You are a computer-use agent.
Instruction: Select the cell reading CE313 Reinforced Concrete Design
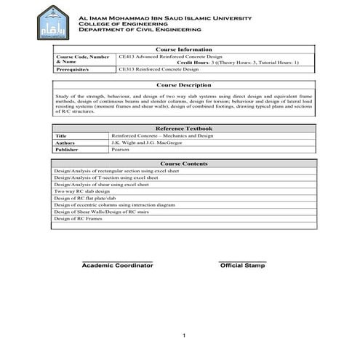pyautogui.click(x=158, y=70)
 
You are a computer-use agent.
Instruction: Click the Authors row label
pyautogui.click(x=65, y=143)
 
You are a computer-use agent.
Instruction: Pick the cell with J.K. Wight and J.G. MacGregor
pyautogui.click(x=147, y=143)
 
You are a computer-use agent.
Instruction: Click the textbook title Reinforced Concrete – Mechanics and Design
pyautogui.click(x=162, y=135)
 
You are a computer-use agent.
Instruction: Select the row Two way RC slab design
pyautogui.click(x=82, y=191)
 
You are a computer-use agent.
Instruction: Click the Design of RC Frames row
pyautogui.click(x=78, y=218)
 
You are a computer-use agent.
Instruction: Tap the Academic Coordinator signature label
pyautogui.click(x=117, y=266)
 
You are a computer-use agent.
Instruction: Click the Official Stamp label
pyautogui.click(x=243, y=266)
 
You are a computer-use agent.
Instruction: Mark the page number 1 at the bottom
pyautogui.click(x=185, y=335)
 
